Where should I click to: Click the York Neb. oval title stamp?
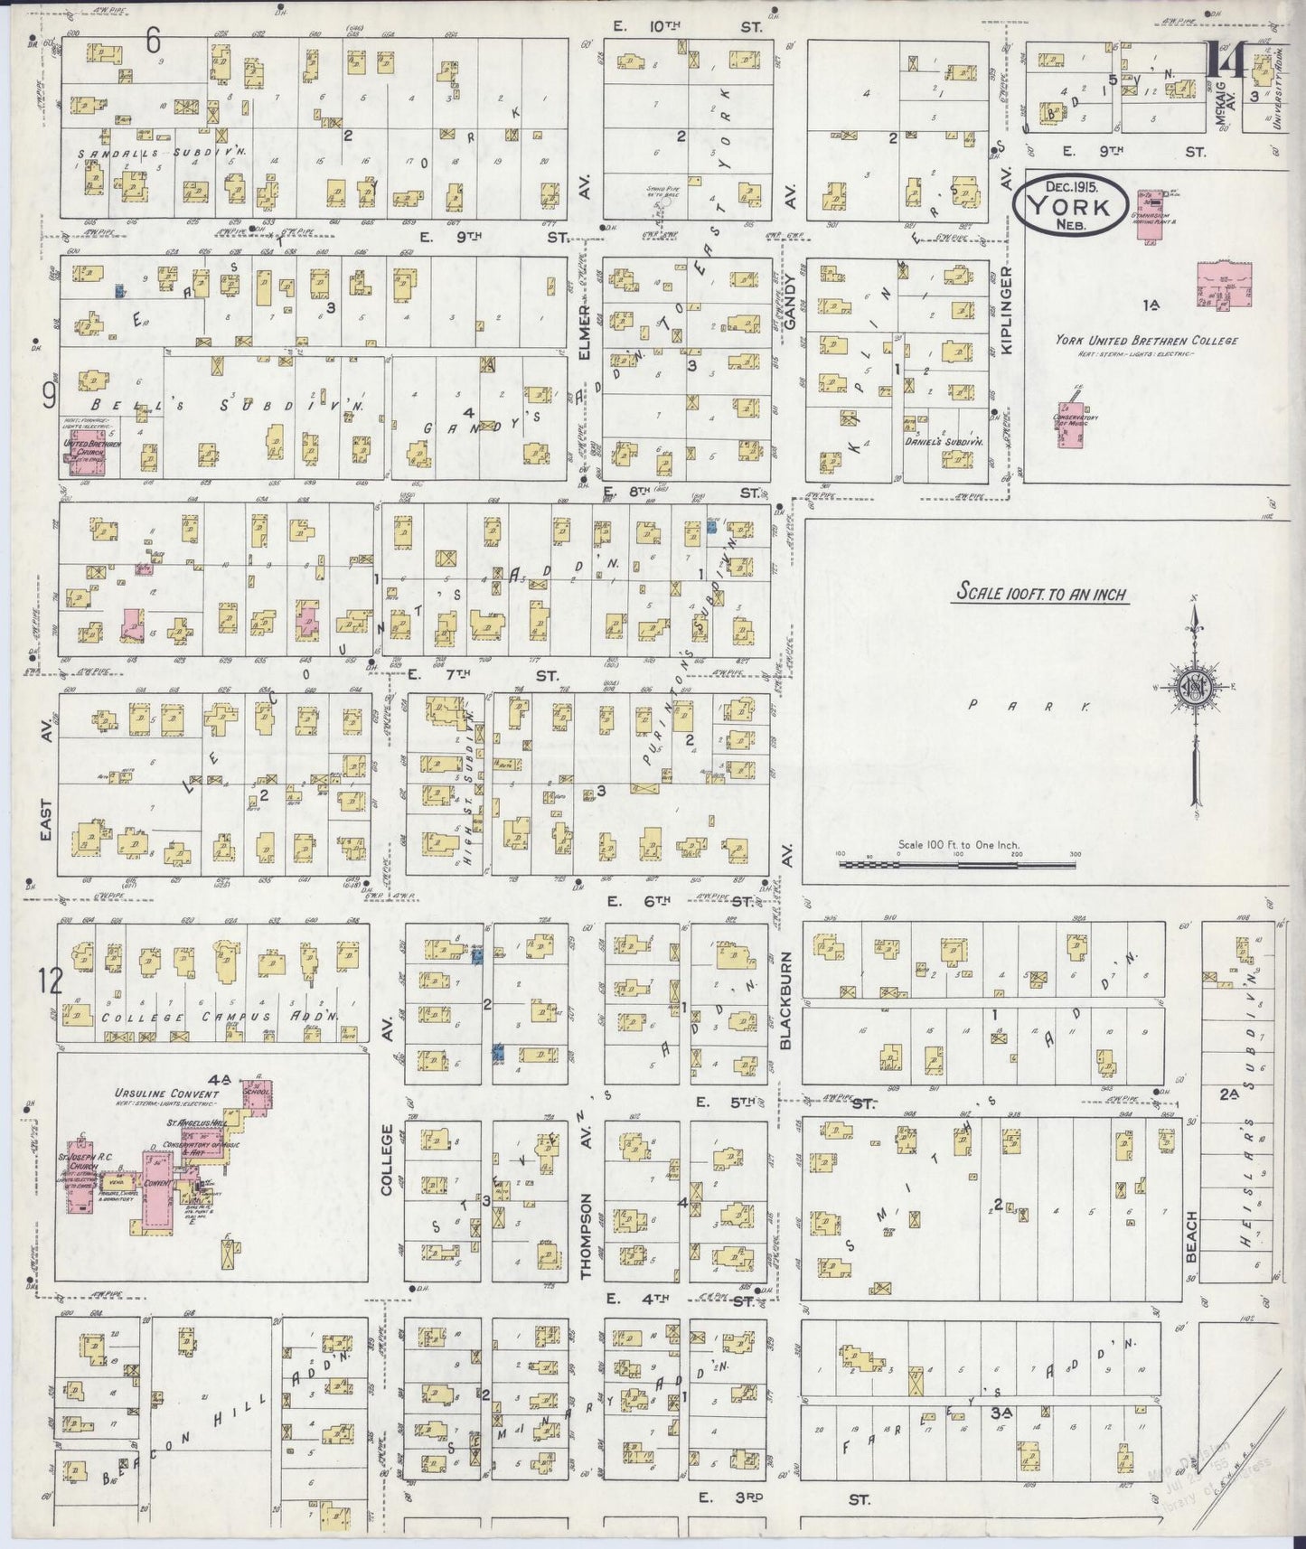(1070, 206)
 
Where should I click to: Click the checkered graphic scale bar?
(957, 864)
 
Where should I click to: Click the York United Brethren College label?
(1146, 341)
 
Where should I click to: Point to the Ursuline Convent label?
(166, 1094)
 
